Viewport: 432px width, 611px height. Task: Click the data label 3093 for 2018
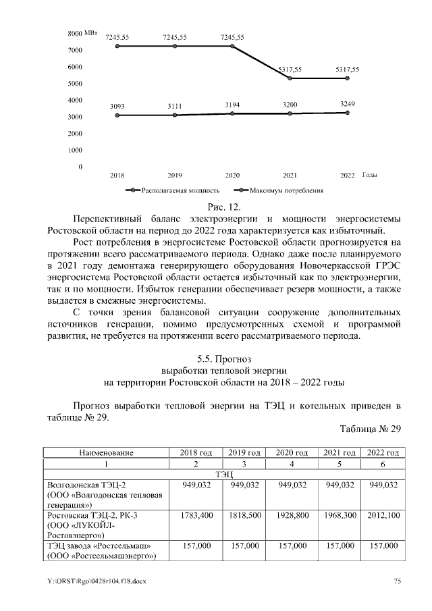pyautogui.click(x=117, y=107)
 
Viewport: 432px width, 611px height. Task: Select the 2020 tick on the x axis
pyautogui.click(x=232, y=176)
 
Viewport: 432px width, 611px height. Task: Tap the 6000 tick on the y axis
pyautogui.click(x=74, y=68)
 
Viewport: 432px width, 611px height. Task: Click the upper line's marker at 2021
pyautogui.click(x=290, y=78)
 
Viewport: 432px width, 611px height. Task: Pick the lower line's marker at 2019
pyautogui.click(x=175, y=115)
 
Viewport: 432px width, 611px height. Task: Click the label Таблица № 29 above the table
pyautogui.click(x=369, y=429)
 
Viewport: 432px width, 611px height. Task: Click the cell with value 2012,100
pyautogui.click(x=382, y=515)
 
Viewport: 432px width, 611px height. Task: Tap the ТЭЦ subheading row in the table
pyautogui.click(x=223, y=475)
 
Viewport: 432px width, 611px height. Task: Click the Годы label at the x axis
pyautogui.click(x=369, y=176)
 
